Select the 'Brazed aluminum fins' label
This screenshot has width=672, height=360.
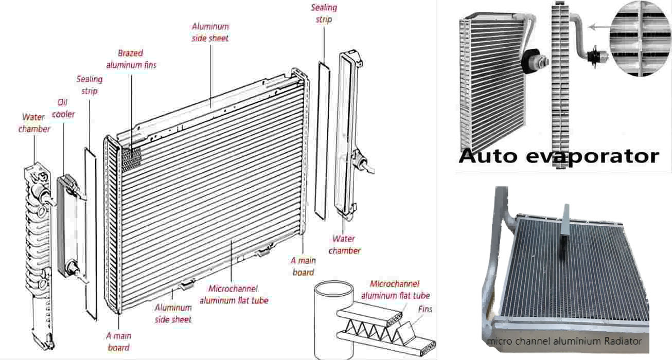click(131, 59)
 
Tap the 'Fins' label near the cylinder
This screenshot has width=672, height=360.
click(425, 309)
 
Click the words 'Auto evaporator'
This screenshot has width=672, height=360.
click(558, 155)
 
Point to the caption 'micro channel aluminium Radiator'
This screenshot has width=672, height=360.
click(564, 341)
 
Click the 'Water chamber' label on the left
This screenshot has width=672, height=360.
click(34, 123)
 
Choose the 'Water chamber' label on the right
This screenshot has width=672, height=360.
click(344, 244)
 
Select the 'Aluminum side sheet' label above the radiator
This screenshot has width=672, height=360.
click(210, 32)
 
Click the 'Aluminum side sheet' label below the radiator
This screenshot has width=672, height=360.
click(173, 313)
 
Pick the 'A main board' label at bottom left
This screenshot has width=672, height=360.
click(119, 341)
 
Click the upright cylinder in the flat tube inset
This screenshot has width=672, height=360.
click(333, 319)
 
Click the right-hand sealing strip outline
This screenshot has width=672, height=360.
click(321, 139)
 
